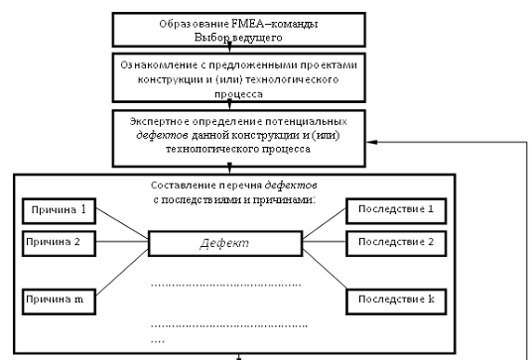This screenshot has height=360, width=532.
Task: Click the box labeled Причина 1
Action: (x=59, y=211)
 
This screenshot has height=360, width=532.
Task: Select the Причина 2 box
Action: (x=59, y=243)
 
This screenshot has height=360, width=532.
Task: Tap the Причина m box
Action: (x=59, y=301)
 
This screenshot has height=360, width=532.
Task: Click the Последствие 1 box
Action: (x=396, y=211)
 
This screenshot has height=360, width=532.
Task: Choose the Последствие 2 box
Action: (x=396, y=243)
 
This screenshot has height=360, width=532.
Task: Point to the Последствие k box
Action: (x=396, y=301)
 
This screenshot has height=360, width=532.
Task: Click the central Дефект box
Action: (x=225, y=243)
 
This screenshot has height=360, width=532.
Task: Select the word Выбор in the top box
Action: (x=207, y=38)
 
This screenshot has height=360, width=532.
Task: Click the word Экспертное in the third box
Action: (x=160, y=122)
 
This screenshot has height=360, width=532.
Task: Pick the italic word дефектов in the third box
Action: (x=162, y=136)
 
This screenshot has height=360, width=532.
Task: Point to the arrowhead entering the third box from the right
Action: (x=370, y=142)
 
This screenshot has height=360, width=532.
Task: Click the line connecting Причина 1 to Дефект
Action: (x=122, y=223)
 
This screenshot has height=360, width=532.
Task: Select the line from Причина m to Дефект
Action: (x=122, y=272)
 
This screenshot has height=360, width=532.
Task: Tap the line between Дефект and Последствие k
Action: (x=325, y=269)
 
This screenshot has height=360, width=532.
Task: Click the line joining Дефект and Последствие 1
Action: (x=324, y=223)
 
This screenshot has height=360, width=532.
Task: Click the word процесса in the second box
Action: (x=239, y=94)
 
